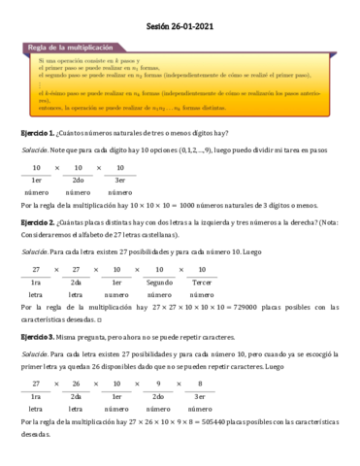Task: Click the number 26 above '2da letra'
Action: pyautogui.click(x=77, y=383)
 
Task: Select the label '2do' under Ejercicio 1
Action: pyautogui.click(x=78, y=180)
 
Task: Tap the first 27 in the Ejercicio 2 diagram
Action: pyautogui.click(x=37, y=268)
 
